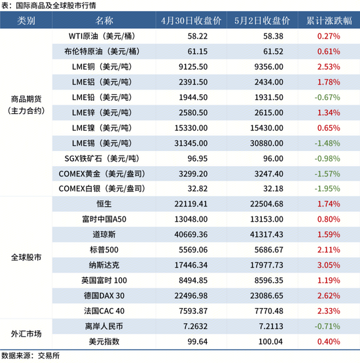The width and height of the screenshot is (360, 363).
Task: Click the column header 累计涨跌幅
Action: [x=329, y=21]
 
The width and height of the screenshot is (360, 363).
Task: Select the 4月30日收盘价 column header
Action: [x=191, y=21]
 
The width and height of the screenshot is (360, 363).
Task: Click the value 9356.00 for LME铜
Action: [x=269, y=67]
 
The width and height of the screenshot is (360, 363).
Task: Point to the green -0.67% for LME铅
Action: [x=327, y=97]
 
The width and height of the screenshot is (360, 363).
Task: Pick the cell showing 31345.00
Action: [x=191, y=143]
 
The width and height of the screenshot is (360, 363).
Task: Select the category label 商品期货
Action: [x=26, y=99]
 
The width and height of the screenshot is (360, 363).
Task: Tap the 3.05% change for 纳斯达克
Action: [x=329, y=265]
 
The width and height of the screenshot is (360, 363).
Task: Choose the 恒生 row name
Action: [x=104, y=203]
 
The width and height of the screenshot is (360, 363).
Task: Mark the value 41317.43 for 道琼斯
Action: [x=266, y=234]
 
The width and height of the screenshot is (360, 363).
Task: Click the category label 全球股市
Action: [x=26, y=257]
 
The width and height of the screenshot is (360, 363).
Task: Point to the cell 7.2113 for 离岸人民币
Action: [x=271, y=326]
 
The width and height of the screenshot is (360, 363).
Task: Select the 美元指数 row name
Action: [x=104, y=341]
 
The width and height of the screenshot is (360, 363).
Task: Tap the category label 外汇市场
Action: [x=26, y=334]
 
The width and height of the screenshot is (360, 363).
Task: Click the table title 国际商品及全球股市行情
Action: [x=56, y=5]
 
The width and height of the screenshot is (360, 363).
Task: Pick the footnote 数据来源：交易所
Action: [x=31, y=356]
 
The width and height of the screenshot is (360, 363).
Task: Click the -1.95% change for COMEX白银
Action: [x=327, y=188]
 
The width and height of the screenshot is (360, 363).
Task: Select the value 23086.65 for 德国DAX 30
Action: [x=266, y=296]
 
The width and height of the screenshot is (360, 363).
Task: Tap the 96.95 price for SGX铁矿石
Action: [x=198, y=158]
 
